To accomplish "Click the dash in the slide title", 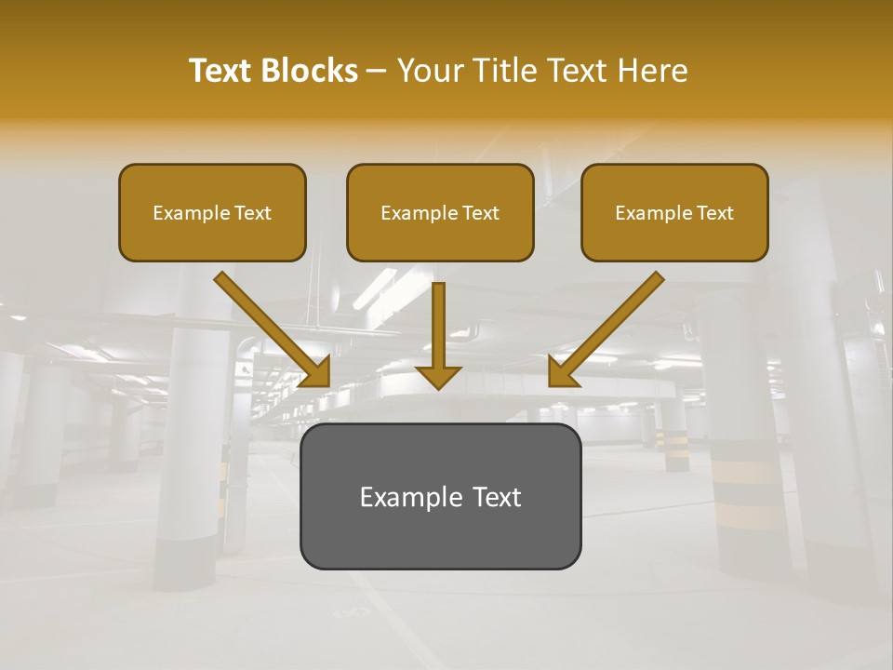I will click(378, 72).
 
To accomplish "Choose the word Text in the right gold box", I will click(714, 213).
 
